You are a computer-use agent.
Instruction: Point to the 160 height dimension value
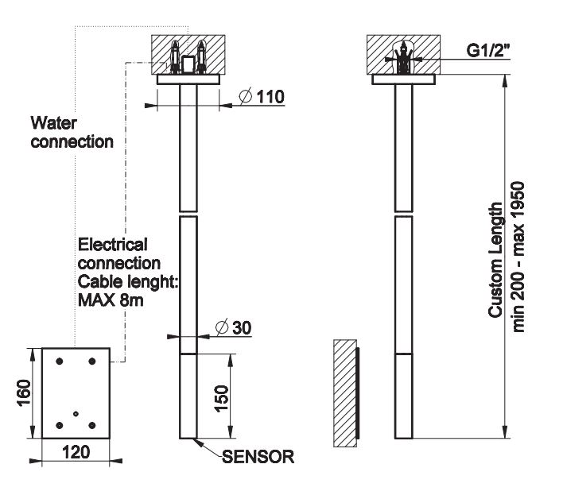click(23, 393)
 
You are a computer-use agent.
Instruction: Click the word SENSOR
click(258, 457)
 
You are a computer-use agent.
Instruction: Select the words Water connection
click(72, 133)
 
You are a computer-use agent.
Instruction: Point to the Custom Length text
click(496, 259)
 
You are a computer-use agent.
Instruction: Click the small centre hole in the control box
click(75, 413)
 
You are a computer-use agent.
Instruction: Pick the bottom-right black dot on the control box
click(93, 426)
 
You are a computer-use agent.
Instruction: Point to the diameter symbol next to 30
click(223, 326)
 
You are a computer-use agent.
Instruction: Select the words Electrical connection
click(118, 253)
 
